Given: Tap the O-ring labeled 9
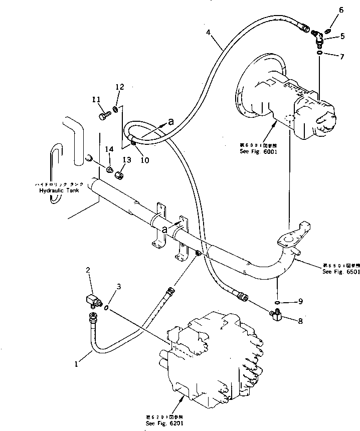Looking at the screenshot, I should click(x=277, y=302).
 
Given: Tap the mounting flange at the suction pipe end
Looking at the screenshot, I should click(x=287, y=244).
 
